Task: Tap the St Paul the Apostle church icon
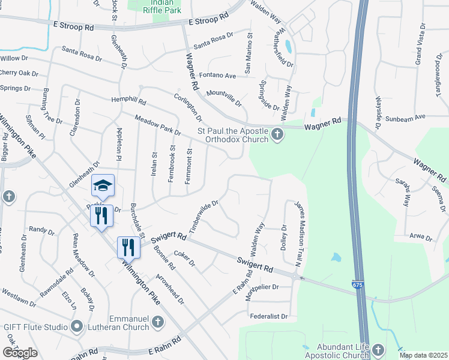point(277,133)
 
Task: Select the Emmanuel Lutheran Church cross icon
point(157,322)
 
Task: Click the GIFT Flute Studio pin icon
point(76,326)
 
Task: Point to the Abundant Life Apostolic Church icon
point(378,349)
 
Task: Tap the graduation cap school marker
point(102,185)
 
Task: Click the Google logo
point(20,353)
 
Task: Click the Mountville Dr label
point(223,98)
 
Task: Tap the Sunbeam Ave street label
point(405,118)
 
